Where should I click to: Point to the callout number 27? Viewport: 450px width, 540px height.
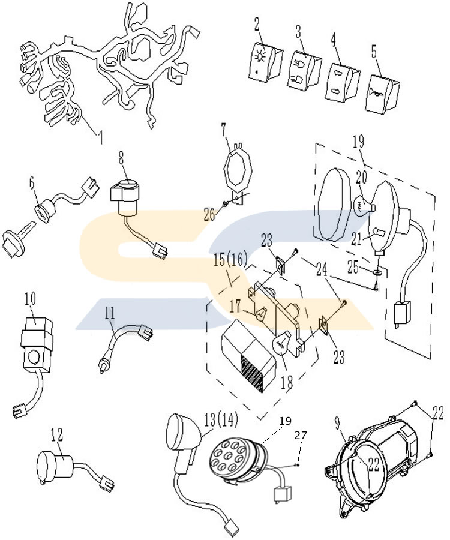[300, 436]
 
